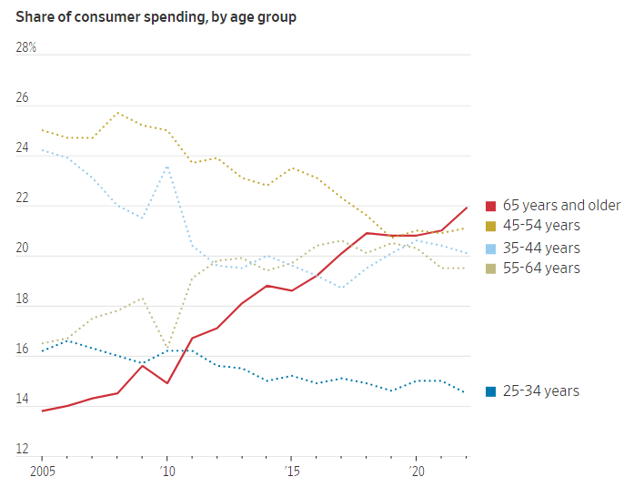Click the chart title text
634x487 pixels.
coord(156,16)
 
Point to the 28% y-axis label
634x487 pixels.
coord(25,47)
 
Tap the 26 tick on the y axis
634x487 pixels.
coord(23,97)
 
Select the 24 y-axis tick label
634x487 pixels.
coord(23,147)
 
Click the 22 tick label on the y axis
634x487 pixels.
coord(23,198)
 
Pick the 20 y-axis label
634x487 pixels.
coord(23,248)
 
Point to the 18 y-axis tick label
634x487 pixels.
coord(23,298)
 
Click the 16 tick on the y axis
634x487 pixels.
coord(23,348)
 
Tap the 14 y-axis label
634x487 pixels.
coord(23,398)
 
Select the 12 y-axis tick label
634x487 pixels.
coord(23,448)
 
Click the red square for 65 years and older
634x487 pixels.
coord(491,206)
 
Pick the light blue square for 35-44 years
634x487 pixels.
coord(491,249)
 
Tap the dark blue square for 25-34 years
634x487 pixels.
coord(491,391)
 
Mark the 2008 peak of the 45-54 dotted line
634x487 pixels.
coord(117,113)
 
